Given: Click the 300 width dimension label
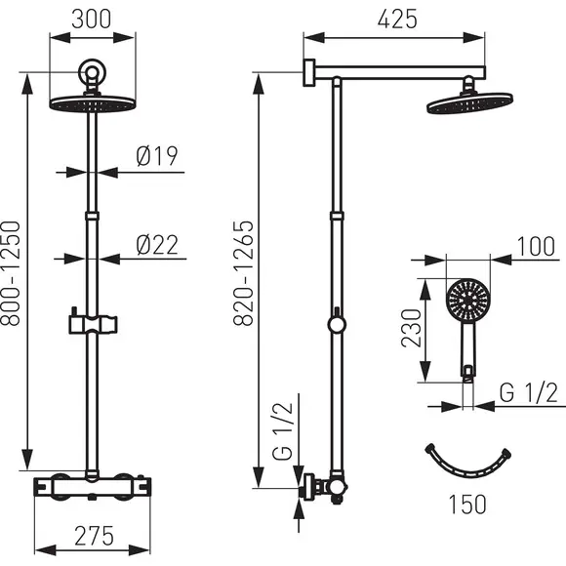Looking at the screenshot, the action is (92, 20).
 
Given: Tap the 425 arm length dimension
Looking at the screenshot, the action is (397, 20).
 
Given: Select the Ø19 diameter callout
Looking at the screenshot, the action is (157, 156).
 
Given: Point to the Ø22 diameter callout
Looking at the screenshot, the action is (157, 245).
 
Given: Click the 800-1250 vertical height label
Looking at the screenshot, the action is (10, 273).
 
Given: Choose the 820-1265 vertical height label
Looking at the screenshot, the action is (243, 273).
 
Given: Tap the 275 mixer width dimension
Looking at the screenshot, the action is (95, 536).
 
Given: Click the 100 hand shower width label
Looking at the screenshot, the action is (536, 247).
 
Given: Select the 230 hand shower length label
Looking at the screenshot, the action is (411, 328).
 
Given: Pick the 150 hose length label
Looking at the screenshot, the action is (467, 505).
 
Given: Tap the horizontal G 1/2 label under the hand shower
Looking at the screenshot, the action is (529, 392).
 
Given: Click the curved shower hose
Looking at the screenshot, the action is (468, 470).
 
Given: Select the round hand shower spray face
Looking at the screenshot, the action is (467, 300).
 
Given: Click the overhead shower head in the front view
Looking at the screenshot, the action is (93, 102).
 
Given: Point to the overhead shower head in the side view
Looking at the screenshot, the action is (469, 103).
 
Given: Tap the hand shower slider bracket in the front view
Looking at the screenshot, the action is (93, 323).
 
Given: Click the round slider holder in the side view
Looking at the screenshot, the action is (337, 324).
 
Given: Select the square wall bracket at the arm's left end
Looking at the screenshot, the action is (309, 72).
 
